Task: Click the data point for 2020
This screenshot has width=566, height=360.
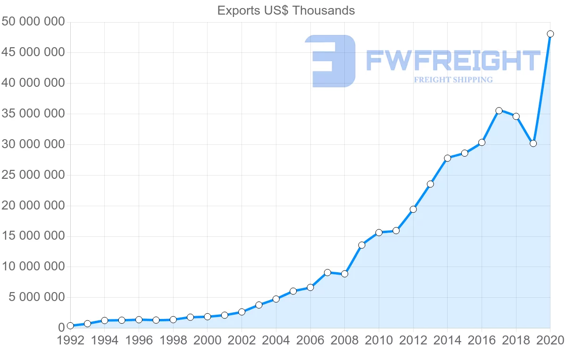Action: pos(550,34)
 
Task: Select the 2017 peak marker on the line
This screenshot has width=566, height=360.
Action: pos(499,111)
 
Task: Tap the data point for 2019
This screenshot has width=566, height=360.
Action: pos(533,143)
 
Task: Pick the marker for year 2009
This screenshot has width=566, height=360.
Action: pos(362,245)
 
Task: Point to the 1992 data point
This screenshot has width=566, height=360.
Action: pos(70,326)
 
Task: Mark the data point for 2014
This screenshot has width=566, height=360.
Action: pos(447,158)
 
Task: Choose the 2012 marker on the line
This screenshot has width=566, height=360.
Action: pos(413,209)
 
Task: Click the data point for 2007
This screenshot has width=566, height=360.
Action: pos(327,272)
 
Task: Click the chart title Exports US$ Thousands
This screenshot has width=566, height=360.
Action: pos(286,10)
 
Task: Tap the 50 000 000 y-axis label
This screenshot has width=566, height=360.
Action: pos(33,22)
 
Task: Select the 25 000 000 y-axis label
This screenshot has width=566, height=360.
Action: pos(33,175)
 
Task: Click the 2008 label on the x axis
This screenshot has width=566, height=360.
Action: pos(344,341)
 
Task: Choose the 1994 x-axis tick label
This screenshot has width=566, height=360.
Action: pos(105,341)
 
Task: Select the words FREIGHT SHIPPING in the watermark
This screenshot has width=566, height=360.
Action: pos(453,80)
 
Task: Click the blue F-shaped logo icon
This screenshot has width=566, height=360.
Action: pos(330,61)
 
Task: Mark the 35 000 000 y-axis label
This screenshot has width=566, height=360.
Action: pos(33,114)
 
